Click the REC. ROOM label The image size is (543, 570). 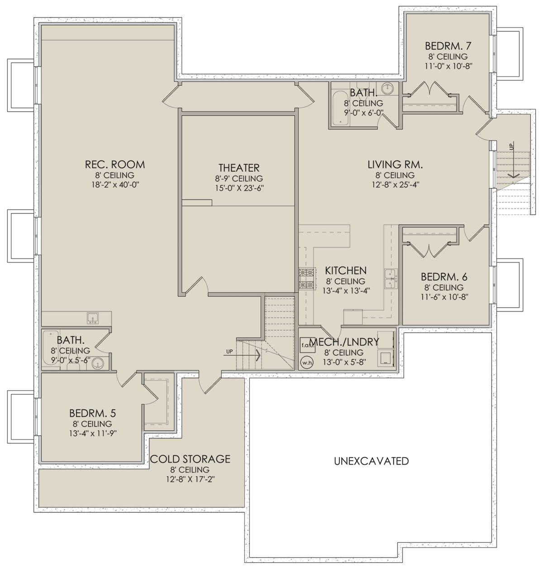point(114,164)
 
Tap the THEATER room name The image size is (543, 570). point(239,168)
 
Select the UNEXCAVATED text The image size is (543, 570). point(371,461)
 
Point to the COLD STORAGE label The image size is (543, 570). point(190,459)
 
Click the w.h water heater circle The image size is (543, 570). point(306,362)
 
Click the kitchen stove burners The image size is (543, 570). point(306,279)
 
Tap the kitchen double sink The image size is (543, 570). point(391,278)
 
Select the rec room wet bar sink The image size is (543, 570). point(93,318)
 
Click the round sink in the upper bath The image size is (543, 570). point(387,88)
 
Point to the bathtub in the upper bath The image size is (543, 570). point(340,108)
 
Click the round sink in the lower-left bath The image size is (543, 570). point(98,363)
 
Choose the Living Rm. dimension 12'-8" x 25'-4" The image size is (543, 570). point(395,184)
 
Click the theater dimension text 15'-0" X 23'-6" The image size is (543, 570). point(239,188)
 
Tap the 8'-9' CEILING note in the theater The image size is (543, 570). point(239,179)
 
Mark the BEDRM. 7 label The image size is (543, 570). point(448,46)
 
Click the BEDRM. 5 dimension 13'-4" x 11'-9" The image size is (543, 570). point(93,434)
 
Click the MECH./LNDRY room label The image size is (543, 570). point(344,342)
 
